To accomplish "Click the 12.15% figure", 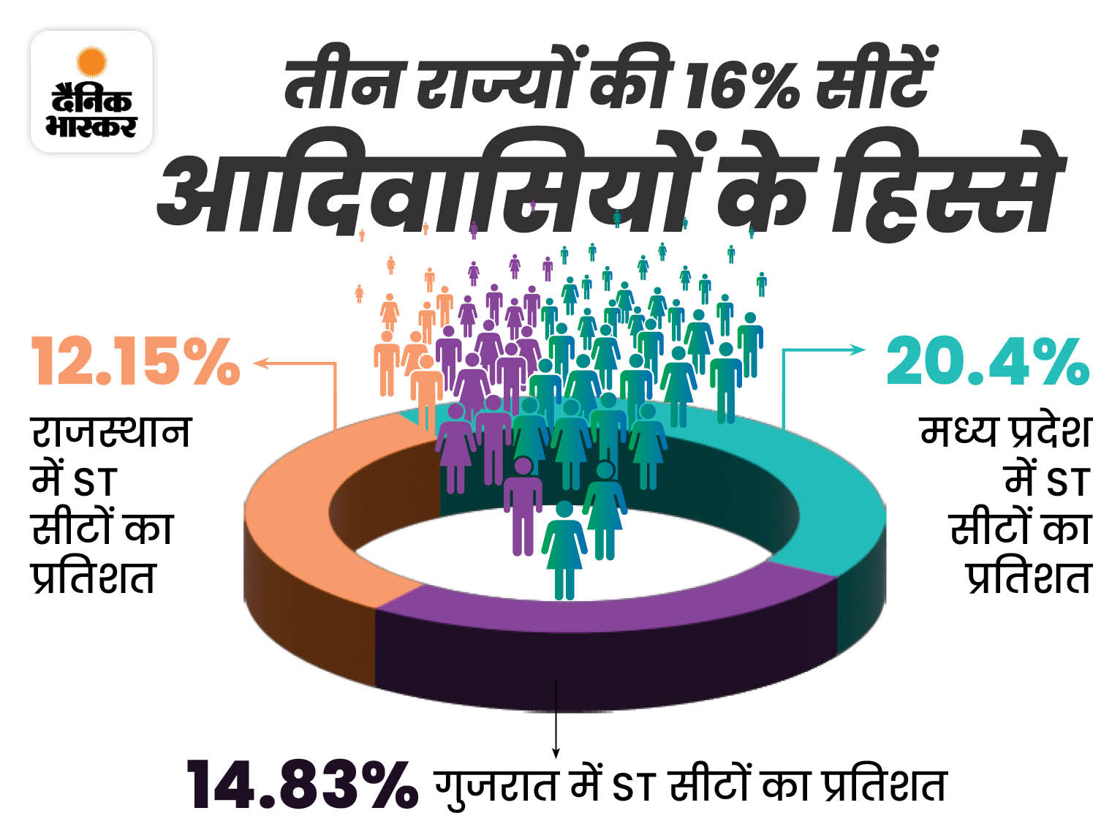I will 135,362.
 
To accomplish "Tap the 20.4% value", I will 987,362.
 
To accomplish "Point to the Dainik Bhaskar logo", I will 91,91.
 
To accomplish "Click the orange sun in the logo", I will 91,62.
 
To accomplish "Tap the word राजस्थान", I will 111,433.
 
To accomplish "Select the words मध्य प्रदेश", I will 1005,433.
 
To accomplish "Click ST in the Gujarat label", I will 632,788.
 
